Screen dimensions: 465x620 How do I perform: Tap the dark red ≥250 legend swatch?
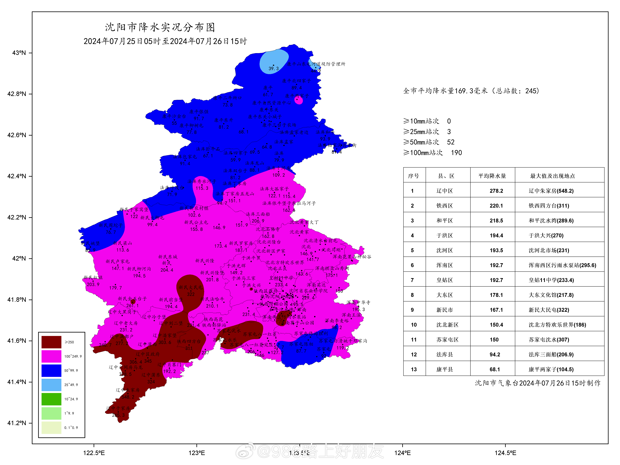51,342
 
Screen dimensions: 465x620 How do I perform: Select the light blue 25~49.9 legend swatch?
51,384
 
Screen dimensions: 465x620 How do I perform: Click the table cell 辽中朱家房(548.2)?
551,191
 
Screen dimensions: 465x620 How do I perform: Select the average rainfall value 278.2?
496,191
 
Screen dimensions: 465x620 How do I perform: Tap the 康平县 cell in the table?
445,369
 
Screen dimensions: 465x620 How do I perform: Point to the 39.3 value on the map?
274,68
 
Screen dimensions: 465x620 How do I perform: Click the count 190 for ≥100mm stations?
456,153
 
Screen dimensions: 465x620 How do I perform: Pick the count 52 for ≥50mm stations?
451,142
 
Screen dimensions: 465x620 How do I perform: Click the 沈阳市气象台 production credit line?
538,383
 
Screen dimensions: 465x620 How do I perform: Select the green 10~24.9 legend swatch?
51,399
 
